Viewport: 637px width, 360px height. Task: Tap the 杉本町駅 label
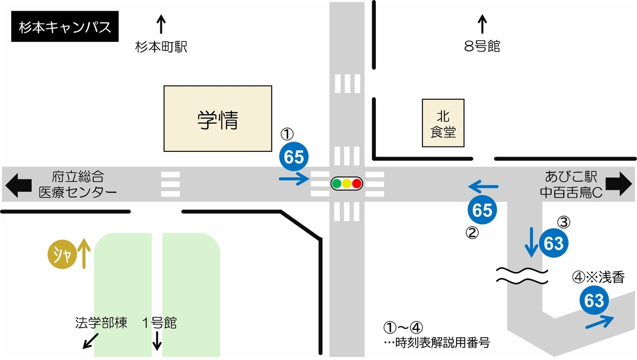pyautogui.click(x=161, y=48)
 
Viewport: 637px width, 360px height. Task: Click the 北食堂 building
pyautogui.click(x=443, y=124)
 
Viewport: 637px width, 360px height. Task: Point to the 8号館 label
pyautogui.click(x=482, y=47)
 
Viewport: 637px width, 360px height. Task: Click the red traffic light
pyautogui.click(x=357, y=184)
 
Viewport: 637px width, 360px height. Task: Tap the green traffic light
pyautogui.click(x=337, y=184)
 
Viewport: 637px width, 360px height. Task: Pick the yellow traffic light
pyautogui.click(x=347, y=184)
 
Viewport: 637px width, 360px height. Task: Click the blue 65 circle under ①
pyautogui.click(x=295, y=156)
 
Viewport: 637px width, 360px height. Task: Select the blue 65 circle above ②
pyautogui.click(x=482, y=211)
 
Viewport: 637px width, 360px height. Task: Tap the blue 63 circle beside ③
pyautogui.click(x=554, y=243)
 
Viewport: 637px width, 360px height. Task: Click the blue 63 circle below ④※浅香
pyautogui.click(x=594, y=301)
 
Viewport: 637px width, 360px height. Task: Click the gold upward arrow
pyautogui.click(x=83, y=253)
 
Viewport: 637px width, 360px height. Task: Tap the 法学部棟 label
pyautogui.click(x=101, y=323)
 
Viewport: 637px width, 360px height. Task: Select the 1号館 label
pyautogui.click(x=159, y=323)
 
